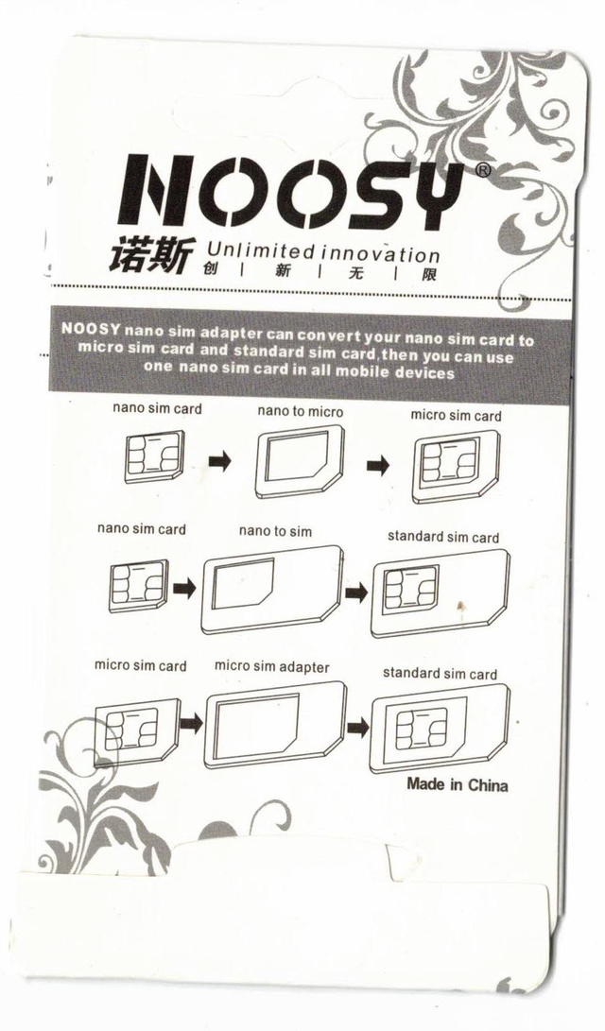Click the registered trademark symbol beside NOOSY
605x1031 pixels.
[x=482, y=170]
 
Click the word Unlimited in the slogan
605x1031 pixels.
[x=261, y=249]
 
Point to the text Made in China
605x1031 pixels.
[x=457, y=783]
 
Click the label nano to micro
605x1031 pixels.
[x=300, y=412]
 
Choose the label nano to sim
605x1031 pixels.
[x=275, y=531]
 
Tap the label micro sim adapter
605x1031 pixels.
[x=271, y=667]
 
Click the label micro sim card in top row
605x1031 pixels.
[x=456, y=416]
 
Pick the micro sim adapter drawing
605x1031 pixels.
[x=275, y=725]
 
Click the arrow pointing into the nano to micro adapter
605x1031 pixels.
[x=220, y=461]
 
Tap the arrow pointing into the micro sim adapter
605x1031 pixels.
[x=191, y=724]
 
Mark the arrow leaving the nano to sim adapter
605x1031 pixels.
[x=356, y=592]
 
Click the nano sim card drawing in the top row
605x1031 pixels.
[x=155, y=455]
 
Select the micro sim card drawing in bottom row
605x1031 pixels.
[x=137, y=731]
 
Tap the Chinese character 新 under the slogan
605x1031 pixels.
[x=282, y=271]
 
